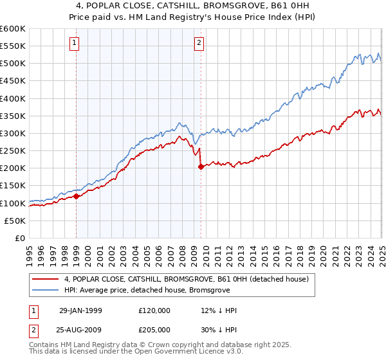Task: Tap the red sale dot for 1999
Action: tap(77, 196)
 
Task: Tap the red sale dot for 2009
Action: tap(201, 166)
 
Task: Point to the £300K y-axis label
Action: tap(13, 133)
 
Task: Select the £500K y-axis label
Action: tap(13, 63)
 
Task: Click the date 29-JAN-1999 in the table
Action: tap(80, 310)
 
